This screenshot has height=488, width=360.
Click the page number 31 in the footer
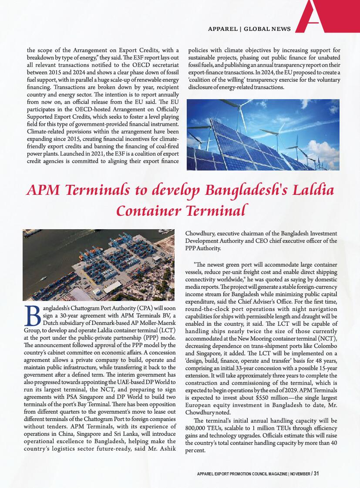pyautogui.click(x=316, y=473)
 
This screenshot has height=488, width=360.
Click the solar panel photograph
pyautogui.click(x=263, y=135)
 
